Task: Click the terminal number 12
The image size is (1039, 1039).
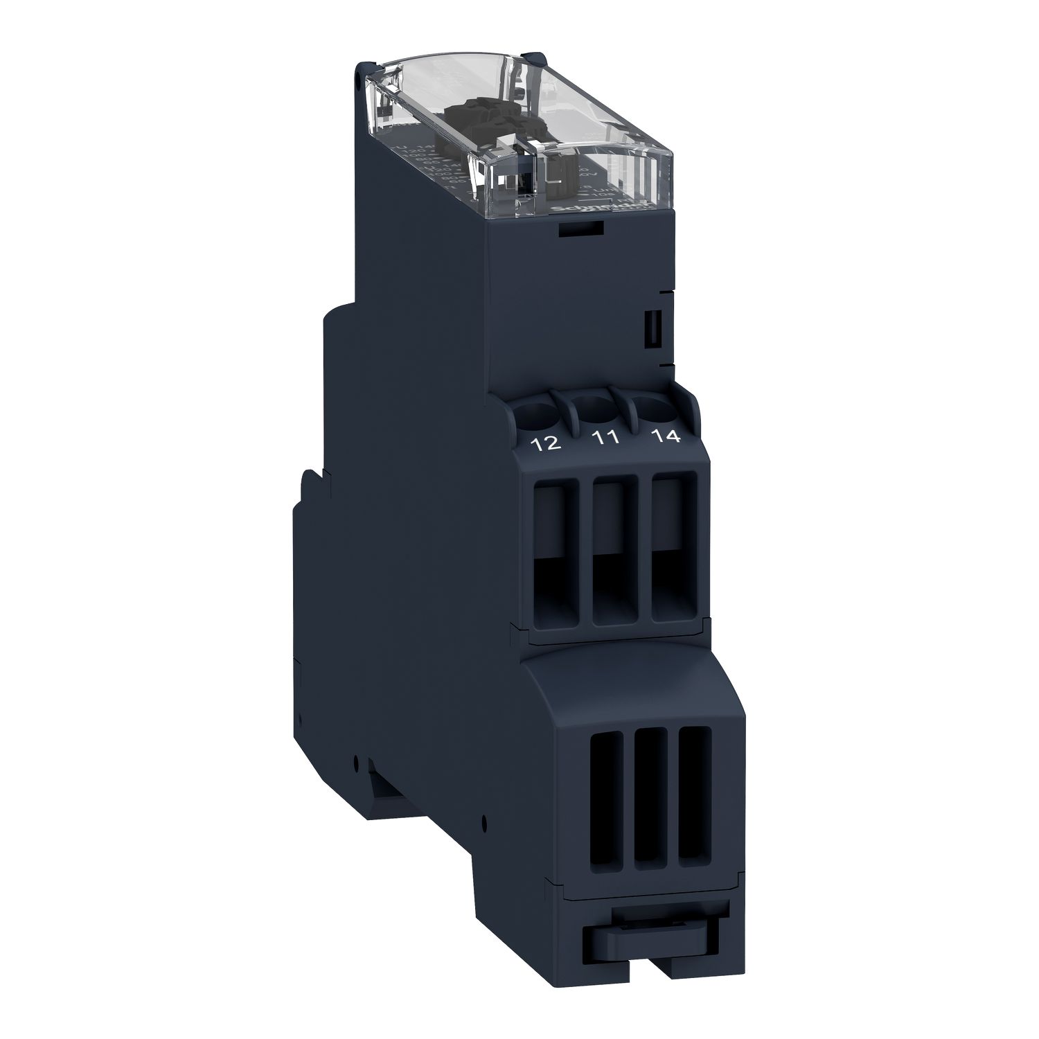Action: click(546, 444)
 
